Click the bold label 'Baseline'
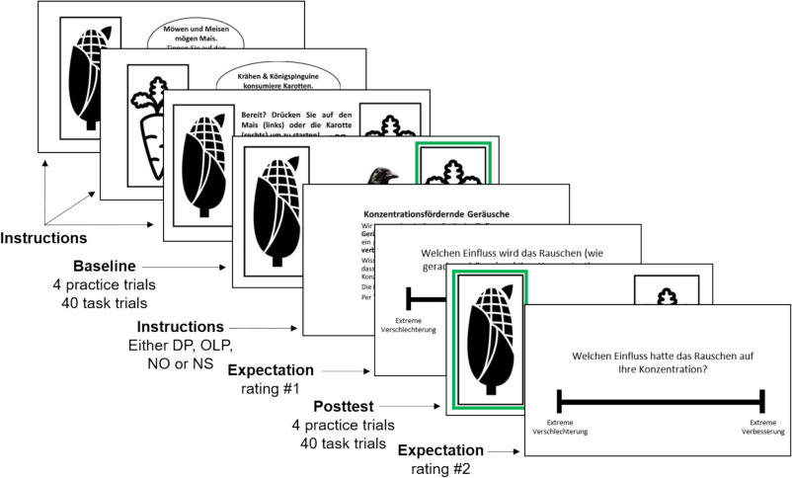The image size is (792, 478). coord(105,266)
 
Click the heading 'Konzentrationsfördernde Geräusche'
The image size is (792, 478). coord(434,215)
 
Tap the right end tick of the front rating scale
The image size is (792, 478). coord(762,400)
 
